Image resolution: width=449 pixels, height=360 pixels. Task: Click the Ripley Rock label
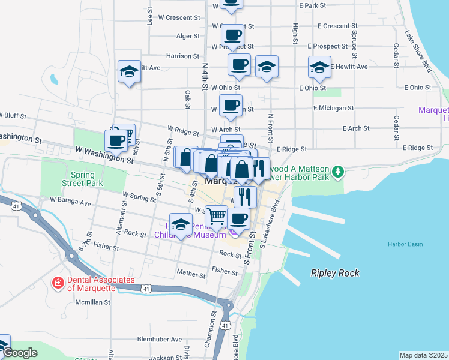(x=335, y=273)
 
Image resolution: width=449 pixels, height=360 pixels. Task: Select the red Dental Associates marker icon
(x=58, y=282)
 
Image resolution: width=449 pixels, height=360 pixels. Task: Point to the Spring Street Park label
(x=83, y=179)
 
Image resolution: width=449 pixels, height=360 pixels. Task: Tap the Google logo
(x=20, y=353)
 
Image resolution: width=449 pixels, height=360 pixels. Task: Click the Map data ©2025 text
(x=423, y=355)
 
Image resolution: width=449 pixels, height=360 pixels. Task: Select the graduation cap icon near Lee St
(x=129, y=72)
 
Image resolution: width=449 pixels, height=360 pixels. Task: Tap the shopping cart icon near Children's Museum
(x=216, y=216)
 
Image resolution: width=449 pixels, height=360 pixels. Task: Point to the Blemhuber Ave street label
(x=159, y=339)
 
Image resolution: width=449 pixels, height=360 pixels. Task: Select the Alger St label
(x=188, y=36)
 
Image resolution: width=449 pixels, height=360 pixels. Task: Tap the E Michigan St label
(x=333, y=108)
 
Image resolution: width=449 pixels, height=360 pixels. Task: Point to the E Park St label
(x=312, y=5)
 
